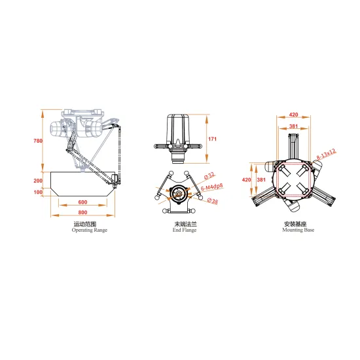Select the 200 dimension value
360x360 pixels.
37,180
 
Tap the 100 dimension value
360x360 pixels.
37,192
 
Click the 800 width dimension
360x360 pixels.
81,213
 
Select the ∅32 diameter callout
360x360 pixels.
211,175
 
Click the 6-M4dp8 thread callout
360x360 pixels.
211,187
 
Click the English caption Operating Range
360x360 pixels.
89,230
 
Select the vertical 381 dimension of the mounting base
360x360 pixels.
262,179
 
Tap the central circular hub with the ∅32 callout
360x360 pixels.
179,194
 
